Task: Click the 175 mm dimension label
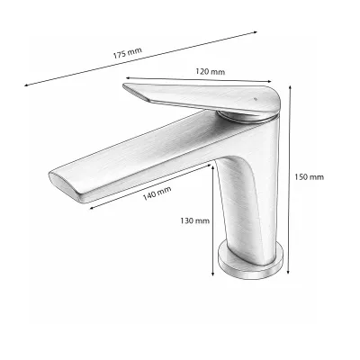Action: pos(128,53)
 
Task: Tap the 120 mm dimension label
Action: pos(211,72)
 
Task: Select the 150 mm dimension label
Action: pos(309,177)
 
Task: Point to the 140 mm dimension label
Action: pos(157,193)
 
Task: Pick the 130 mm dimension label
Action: pos(195,221)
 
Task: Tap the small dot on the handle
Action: pos(256,98)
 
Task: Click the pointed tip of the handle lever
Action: pos(123,85)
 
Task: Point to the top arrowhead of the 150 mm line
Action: pos(290,87)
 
